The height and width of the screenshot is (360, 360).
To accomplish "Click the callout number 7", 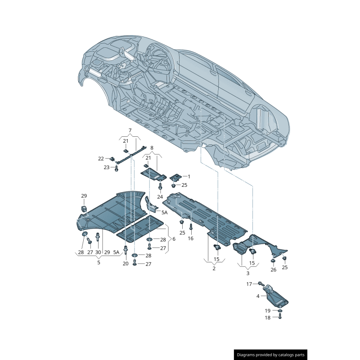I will click(x=130, y=130).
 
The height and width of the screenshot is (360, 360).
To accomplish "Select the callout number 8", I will click(x=152, y=148).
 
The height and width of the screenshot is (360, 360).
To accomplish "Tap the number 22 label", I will click(x=101, y=158).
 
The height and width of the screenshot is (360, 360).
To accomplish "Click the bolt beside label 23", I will click(x=117, y=168).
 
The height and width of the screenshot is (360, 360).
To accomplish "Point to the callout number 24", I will click(x=160, y=197).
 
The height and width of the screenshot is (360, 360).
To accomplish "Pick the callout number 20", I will click(x=126, y=264).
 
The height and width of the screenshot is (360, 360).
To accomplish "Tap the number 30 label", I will click(x=98, y=252).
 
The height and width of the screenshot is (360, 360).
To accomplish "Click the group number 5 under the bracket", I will click(x=99, y=262).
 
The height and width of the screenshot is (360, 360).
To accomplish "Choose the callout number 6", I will click(x=174, y=239).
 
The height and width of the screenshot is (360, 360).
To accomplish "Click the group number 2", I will click(x=214, y=268).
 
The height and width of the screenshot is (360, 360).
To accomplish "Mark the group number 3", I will click(x=247, y=273).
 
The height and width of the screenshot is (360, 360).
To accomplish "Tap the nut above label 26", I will click(x=273, y=261).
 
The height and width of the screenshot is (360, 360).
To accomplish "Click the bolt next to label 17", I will click(x=261, y=283).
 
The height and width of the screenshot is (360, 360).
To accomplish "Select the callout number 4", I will click(x=258, y=296).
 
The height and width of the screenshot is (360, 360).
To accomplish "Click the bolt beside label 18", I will click(x=280, y=316).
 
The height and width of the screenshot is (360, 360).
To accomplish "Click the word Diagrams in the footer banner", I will click(x=249, y=355).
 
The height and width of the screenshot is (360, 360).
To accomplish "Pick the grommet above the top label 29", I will click(x=84, y=209).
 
